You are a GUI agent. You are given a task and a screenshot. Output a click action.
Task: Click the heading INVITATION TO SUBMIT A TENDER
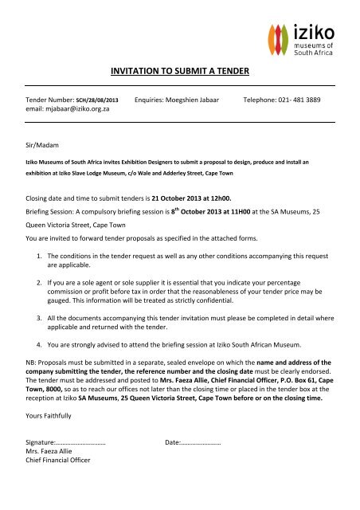click(x=179, y=72)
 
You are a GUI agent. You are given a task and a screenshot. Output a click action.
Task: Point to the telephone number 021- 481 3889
click(x=315, y=102)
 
